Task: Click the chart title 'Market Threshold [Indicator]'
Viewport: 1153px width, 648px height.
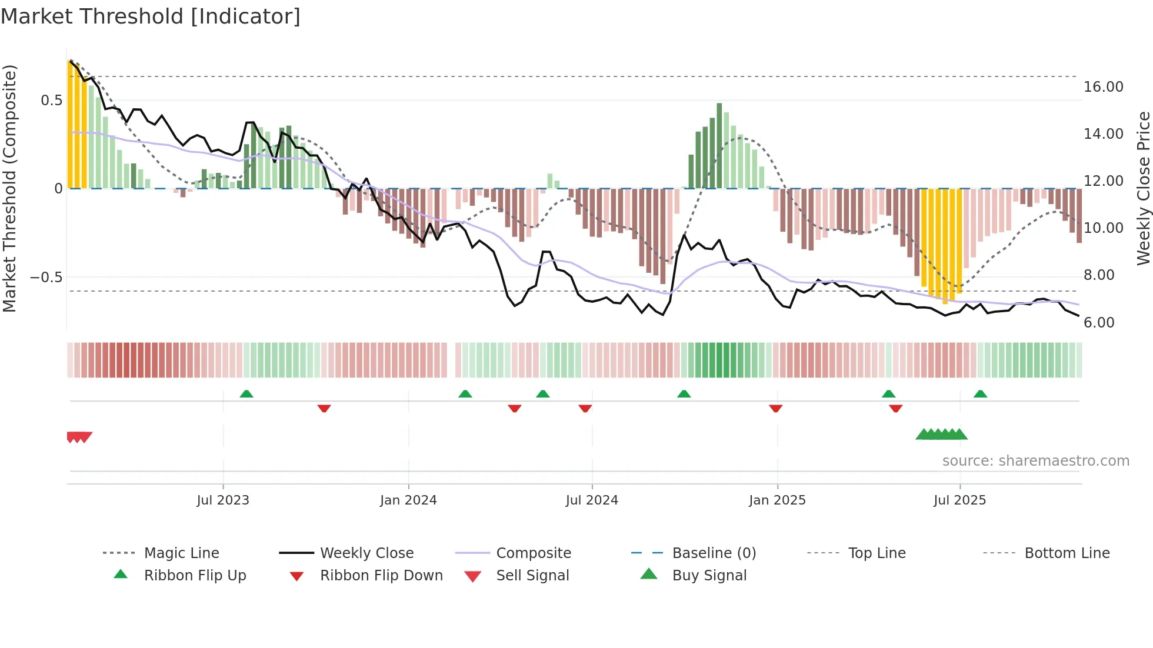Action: pos(151,16)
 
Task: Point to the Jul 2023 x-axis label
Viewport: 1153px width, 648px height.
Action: pos(223,500)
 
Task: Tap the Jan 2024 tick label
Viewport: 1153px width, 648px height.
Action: pos(408,500)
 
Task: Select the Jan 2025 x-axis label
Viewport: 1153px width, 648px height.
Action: pos(777,500)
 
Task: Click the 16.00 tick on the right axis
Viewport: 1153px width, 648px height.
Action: pos(1104,87)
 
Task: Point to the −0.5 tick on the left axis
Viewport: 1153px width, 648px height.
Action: pos(46,277)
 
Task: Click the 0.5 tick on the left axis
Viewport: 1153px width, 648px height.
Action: pos(51,101)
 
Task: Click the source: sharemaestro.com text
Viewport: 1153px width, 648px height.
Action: pos(1035,461)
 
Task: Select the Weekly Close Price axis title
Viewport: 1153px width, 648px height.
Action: pos(1143,188)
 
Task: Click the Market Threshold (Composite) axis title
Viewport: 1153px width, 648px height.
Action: pos(9,188)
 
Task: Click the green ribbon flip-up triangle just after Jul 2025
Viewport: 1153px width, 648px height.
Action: pos(980,394)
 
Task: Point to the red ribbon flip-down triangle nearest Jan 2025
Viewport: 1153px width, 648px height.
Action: pos(775,408)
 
